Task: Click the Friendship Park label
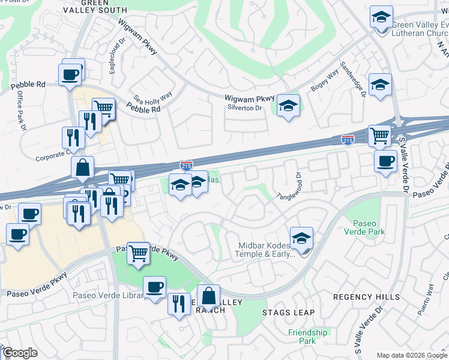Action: pos(307,337)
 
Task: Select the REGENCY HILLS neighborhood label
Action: pos(366,297)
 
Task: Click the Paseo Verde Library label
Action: pos(109,295)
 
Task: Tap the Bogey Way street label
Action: pos(324,82)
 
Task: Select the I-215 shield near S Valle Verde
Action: pos(347,140)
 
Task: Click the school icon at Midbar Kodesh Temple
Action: pos(301,239)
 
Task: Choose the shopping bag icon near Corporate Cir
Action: pos(83,168)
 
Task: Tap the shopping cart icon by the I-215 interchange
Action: pos(379,136)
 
